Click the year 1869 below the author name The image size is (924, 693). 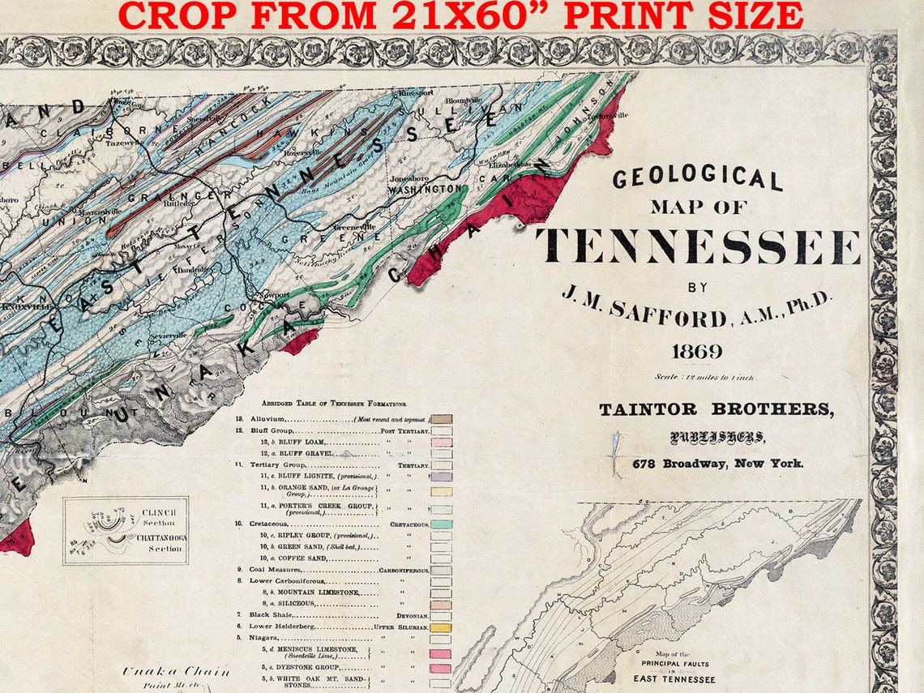pyautogui.click(x=696, y=351)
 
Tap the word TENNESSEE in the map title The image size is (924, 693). pyautogui.click(x=697, y=246)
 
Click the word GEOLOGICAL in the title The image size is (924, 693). pyautogui.click(x=697, y=178)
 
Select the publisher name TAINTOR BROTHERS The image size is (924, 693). pyautogui.click(x=716, y=409)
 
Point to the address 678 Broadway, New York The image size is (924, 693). pyautogui.click(x=718, y=464)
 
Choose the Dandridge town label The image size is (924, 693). pyautogui.click(x=191, y=269)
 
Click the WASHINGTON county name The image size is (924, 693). pyautogui.click(x=424, y=189)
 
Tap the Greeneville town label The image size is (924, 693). pyautogui.click(x=354, y=229)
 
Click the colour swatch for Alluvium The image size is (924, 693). pyautogui.click(x=441, y=419)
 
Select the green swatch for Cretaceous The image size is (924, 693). pyautogui.click(x=441, y=524)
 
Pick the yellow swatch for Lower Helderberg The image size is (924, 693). pyautogui.click(x=441, y=627)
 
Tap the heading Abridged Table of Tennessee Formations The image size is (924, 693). pyautogui.click(x=334, y=403)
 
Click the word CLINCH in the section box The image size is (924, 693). pyautogui.click(x=159, y=512)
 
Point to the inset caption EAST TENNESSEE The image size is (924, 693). pyautogui.click(x=674, y=678)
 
